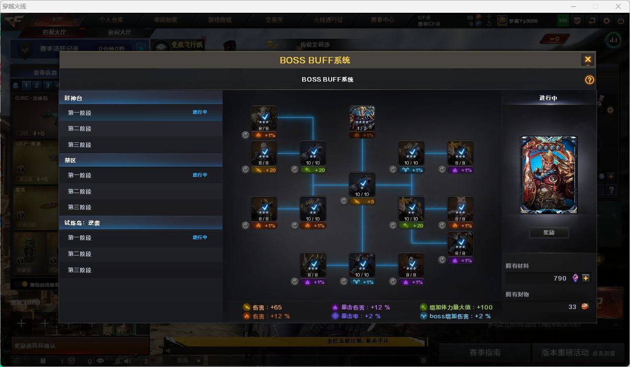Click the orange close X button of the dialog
(587, 60)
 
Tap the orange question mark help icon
(589, 80)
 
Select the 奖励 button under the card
(548, 232)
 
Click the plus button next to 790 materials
(586, 278)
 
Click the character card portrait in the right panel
(548, 175)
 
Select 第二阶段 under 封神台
(80, 129)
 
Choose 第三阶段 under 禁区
(80, 207)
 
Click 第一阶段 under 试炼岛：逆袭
(80, 238)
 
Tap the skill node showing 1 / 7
(362, 118)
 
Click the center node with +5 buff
(362, 185)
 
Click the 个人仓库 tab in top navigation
(112, 20)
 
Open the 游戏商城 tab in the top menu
(220, 20)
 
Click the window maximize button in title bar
(596, 6)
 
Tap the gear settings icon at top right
(607, 21)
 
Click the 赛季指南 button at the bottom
(485, 352)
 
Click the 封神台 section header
(74, 98)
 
